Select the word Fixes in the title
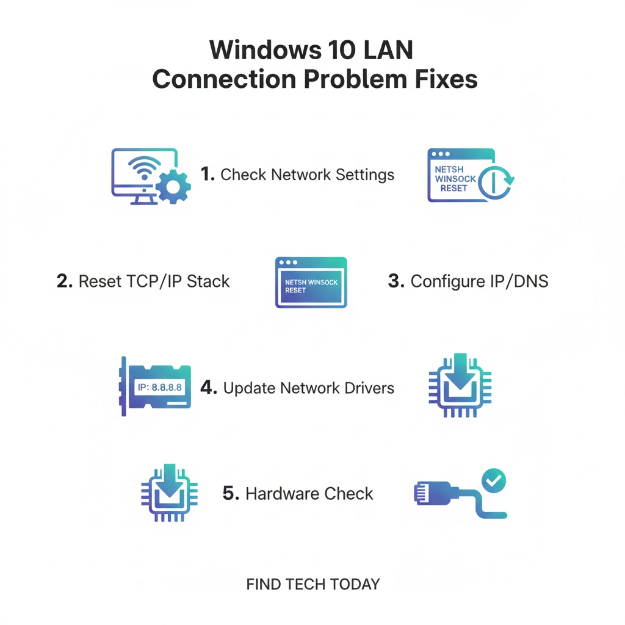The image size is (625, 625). (443, 79)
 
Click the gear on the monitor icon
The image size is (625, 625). (173, 186)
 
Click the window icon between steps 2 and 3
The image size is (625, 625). (311, 282)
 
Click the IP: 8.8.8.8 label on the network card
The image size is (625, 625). (156, 388)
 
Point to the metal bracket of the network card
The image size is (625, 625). (124, 386)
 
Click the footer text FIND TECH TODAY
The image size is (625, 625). (312, 584)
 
